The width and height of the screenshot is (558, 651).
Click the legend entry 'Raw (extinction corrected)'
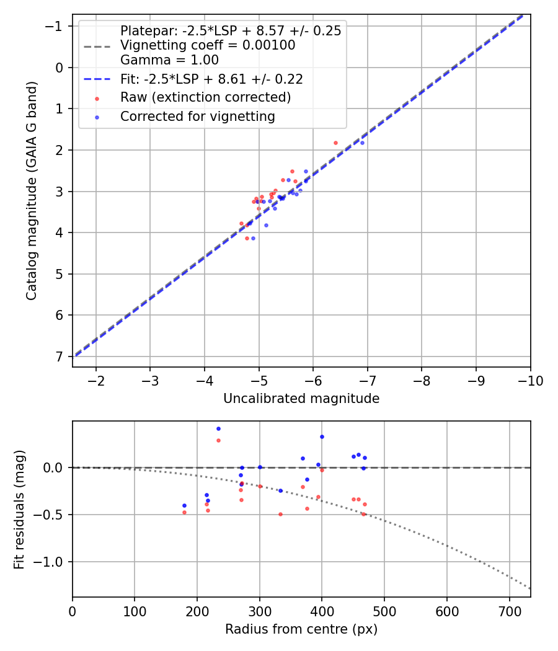point(205,97)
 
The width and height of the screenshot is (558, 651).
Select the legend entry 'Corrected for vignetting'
point(197,116)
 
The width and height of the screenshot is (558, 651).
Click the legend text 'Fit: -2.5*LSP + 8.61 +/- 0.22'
point(211,79)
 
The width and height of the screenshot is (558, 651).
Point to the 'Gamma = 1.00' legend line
point(169,60)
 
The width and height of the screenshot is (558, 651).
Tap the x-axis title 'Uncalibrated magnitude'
point(301,399)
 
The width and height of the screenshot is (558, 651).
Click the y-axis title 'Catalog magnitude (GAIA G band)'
point(32,190)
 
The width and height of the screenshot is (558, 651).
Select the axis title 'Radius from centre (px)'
point(301,629)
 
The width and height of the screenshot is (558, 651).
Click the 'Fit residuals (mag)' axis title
point(19,510)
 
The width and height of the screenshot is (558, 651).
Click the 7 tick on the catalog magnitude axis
point(60,356)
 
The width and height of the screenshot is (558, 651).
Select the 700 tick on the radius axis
point(509,611)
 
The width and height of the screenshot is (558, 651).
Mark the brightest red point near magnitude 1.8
point(335,143)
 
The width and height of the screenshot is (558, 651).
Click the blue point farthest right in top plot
point(362,143)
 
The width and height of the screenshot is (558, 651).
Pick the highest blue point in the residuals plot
point(218,428)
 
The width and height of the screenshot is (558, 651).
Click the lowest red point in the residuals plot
point(280,514)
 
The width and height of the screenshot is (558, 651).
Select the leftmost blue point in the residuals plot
point(184,505)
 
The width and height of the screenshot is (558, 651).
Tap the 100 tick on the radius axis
point(135,611)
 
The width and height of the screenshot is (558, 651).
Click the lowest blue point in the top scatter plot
point(253,238)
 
